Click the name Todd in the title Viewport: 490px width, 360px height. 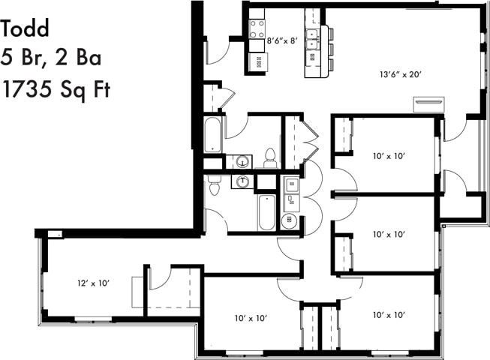[x=25, y=29]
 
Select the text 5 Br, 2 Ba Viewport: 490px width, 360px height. [x=51, y=58]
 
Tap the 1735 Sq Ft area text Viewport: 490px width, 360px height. [x=56, y=90]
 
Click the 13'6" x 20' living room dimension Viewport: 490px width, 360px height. [x=401, y=73]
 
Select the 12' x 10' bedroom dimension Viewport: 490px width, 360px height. [x=95, y=283]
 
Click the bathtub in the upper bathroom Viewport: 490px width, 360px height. [x=212, y=135]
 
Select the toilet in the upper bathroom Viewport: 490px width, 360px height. [x=270, y=159]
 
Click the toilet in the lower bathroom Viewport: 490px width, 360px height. [x=215, y=184]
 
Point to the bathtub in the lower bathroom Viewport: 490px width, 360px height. [x=266, y=212]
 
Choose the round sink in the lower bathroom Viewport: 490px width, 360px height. [x=243, y=181]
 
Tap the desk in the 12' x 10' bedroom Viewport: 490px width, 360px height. [x=138, y=292]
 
